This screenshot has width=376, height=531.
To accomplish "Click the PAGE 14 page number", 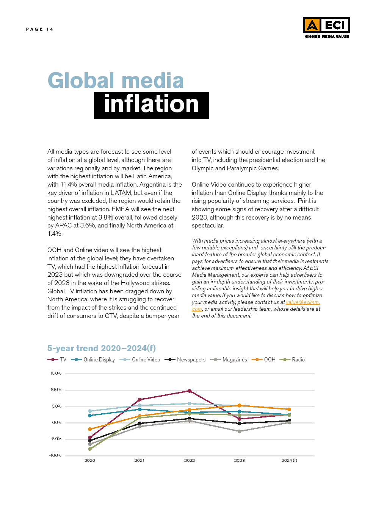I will (x=39, y=29).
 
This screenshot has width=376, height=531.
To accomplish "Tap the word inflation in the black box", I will (x=151, y=105).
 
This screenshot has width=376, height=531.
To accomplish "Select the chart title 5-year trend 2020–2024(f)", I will (x=102, y=348).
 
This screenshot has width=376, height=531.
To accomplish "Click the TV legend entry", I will (x=57, y=360).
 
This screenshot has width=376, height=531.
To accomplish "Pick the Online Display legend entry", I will (x=94, y=360).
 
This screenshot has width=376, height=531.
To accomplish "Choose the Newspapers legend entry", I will (x=185, y=360).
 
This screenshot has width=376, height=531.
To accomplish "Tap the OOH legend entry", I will (x=264, y=360).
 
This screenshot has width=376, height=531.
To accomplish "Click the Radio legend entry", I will (x=292, y=360).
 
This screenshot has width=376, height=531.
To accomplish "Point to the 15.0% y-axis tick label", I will (x=56, y=374).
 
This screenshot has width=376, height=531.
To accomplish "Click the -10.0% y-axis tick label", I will (x=55, y=455).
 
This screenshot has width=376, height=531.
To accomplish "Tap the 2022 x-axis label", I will (x=190, y=461).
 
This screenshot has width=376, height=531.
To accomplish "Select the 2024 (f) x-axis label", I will (x=289, y=461).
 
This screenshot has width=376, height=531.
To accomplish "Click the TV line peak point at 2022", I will (x=190, y=391).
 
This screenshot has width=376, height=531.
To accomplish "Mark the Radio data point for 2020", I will (x=90, y=449).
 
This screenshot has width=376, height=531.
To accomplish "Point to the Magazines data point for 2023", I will (x=239, y=431).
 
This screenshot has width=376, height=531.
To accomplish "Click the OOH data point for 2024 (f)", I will (x=289, y=409).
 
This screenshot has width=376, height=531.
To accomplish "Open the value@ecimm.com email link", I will (x=302, y=302).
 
